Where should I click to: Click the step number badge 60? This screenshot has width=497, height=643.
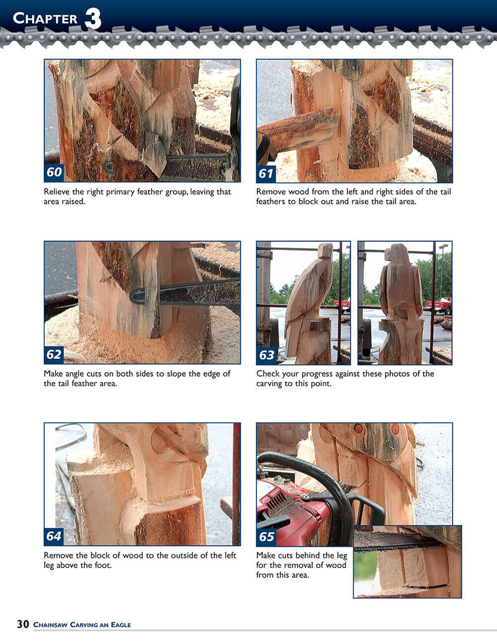click(x=54, y=172)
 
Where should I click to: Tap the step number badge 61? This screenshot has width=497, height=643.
click(x=266, y=173)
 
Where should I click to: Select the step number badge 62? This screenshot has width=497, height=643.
click(x=54, y=354)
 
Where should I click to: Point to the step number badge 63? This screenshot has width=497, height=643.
click(x=266, y=355)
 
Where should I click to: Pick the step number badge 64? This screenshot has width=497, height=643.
click(x=54, y=536)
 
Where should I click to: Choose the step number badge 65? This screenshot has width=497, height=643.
click(x=266, y=537)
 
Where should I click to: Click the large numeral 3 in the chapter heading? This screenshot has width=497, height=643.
click(x=93, y=19)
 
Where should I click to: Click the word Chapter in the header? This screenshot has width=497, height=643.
click(x=45, y=19)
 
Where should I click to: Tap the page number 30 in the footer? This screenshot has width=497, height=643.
click(x=23, y=624)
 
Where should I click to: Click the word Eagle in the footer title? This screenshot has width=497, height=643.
click(x=121, y=625)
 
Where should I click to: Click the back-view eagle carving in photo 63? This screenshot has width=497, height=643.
click(x=400, y=298)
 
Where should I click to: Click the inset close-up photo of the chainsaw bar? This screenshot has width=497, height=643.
click(x=408, y=562)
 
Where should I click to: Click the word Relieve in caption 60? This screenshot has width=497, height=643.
click(x=57, y=192)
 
